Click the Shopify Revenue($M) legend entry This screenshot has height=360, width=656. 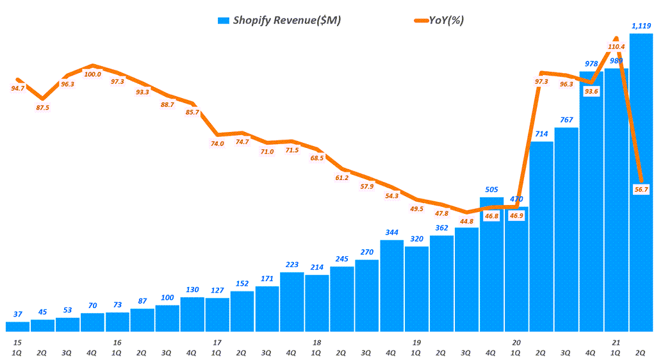coord(279,20)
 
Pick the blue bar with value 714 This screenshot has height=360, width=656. coord(541,236)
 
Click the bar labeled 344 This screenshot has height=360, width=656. coord(391,286)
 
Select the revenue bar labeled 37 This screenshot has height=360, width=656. coord(17,327)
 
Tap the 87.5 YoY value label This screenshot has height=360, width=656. coord(43,108)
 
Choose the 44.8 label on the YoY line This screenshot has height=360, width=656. coord(466,222)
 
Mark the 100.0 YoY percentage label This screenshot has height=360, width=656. coord(92,74)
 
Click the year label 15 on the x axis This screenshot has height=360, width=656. coord(17,343)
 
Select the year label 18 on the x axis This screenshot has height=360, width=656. coord(316,343)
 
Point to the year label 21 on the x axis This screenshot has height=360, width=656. coord(616,343)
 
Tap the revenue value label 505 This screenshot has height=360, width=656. coord(491,190)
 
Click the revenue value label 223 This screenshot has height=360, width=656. coord(291,265)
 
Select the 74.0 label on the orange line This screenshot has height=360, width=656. coord(217,143)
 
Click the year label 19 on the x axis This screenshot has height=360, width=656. coord(416,343)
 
